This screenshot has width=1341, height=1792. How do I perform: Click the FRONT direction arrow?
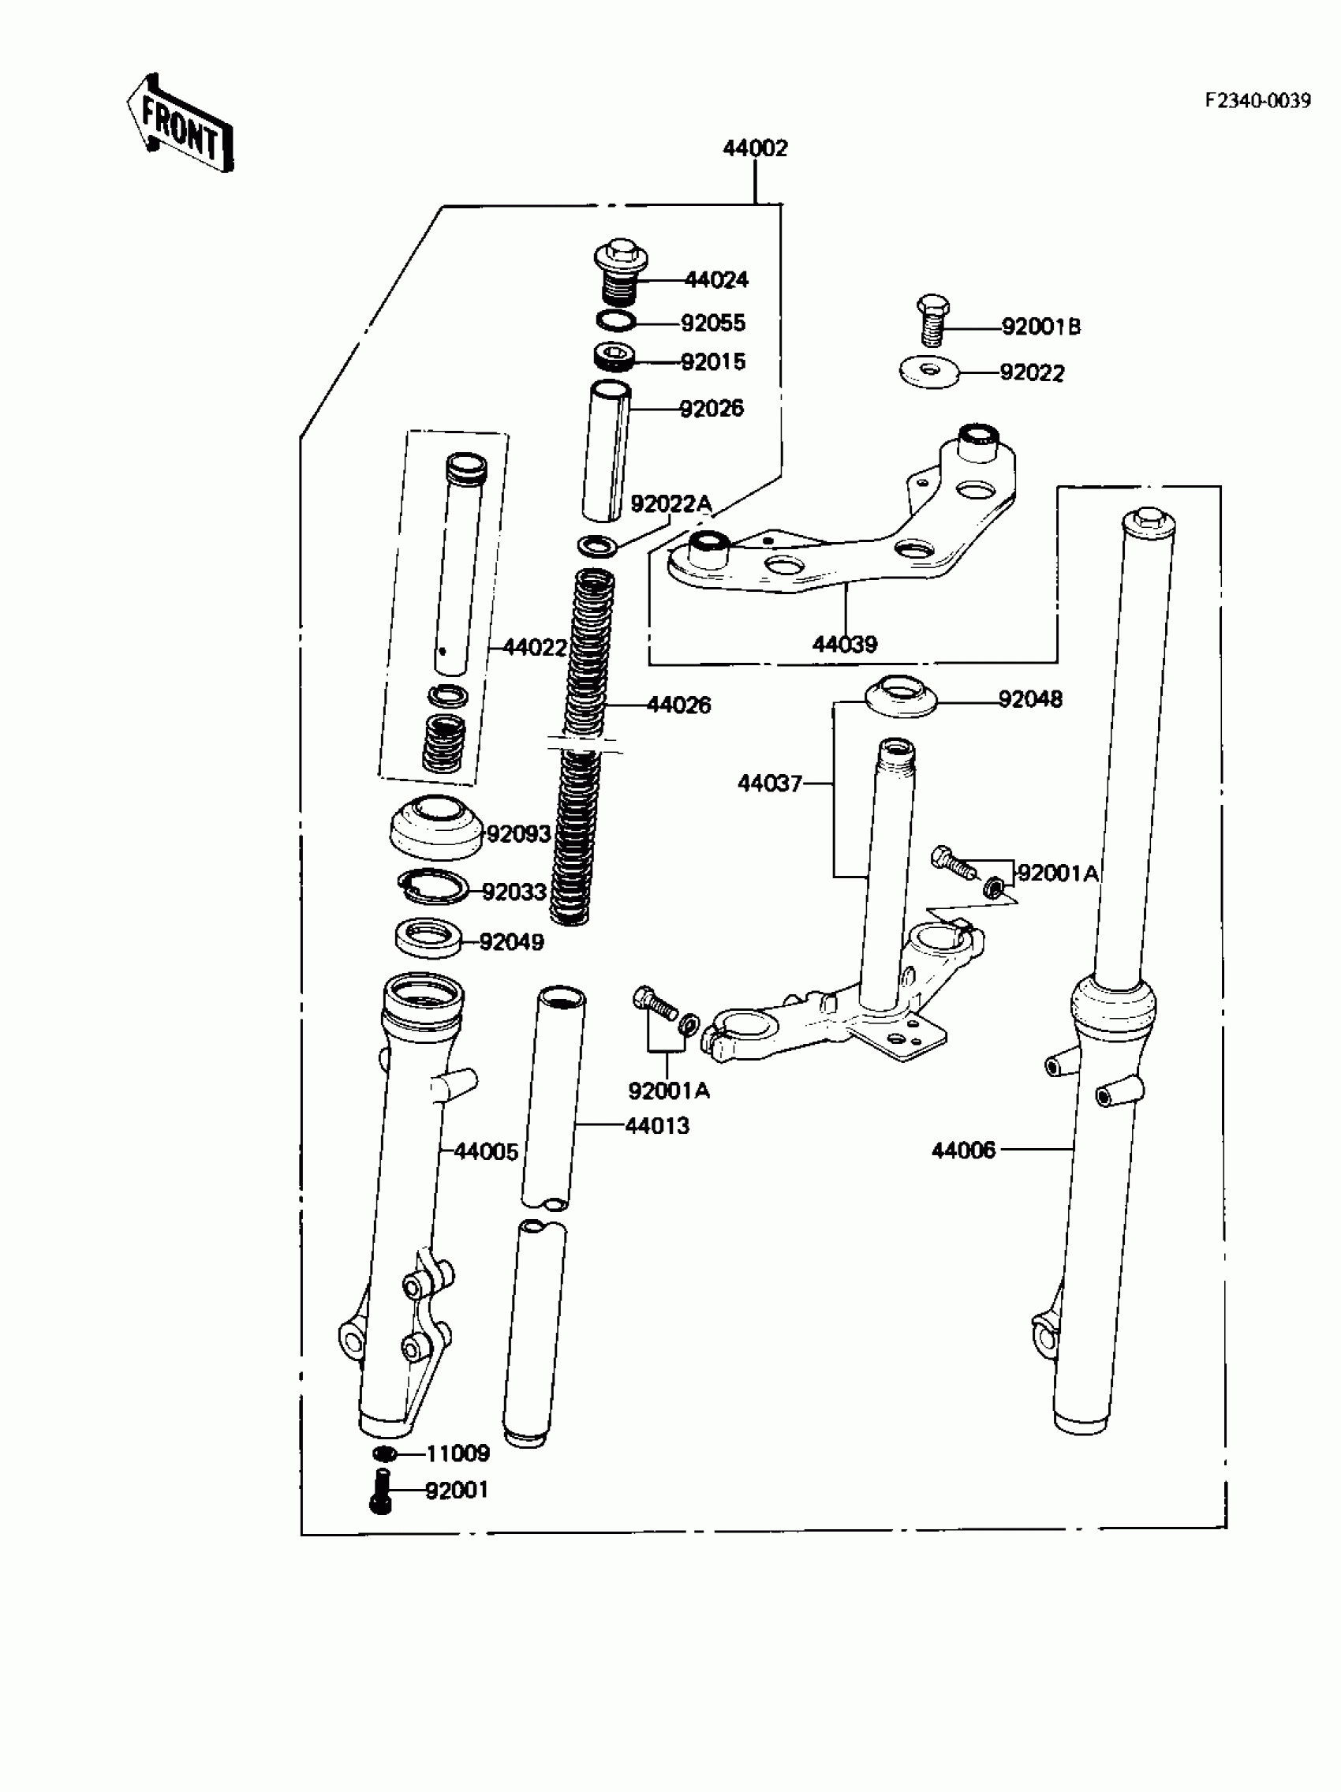(180, 124)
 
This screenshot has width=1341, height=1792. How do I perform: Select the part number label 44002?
(754, 148)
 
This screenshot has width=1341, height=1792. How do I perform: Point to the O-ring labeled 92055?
(616, 321)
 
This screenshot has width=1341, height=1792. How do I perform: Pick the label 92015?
(712, 361)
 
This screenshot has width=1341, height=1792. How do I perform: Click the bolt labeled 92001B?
(933, 320)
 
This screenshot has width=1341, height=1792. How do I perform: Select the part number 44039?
(844, 644)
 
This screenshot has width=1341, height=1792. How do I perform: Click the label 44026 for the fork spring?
(678, 705)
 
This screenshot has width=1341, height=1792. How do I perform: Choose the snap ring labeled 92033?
(433, 886)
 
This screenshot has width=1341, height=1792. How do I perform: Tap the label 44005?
(485, 1151)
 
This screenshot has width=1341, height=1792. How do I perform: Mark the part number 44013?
(657, 1125)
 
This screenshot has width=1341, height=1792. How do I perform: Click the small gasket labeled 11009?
(385, 1453)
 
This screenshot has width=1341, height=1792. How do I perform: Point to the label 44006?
(963, 1150)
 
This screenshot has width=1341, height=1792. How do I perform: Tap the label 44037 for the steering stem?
(769, 784)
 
